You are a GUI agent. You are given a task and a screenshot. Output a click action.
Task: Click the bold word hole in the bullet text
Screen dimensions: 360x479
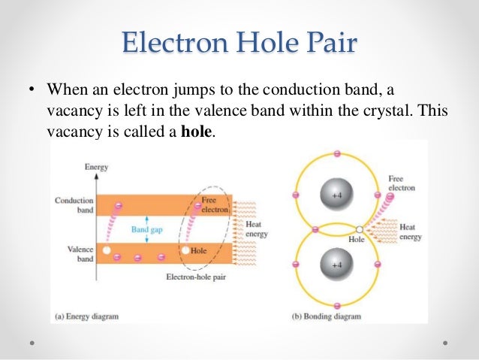(197, 131)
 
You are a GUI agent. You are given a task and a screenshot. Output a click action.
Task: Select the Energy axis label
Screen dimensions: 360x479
(95, 167)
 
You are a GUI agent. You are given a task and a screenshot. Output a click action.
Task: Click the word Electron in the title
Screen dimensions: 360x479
(170, 41)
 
